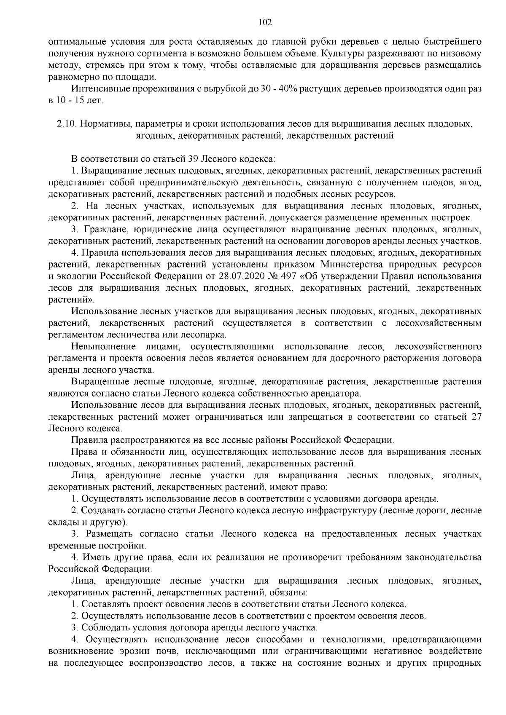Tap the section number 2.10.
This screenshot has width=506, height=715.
pyautogui.click(x=65, y=124)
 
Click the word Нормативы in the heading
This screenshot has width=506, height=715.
pyautogui.click(x=106, y=124)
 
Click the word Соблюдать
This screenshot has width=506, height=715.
pyautogui.click(x=102, y=627)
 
